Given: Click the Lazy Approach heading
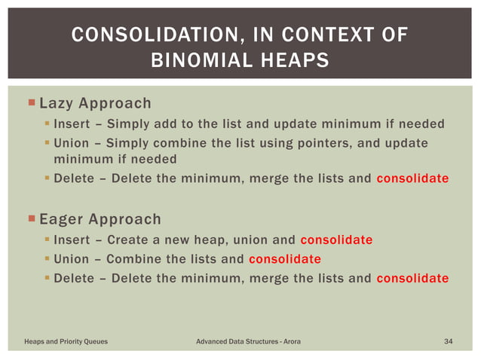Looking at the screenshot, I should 95,102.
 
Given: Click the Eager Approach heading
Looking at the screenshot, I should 100,219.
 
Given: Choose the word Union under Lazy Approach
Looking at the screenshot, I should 71,143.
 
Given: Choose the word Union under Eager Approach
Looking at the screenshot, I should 71,259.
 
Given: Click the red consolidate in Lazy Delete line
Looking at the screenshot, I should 412,178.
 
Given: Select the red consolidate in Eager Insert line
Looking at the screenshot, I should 336,240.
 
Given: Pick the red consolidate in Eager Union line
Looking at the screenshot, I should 284,259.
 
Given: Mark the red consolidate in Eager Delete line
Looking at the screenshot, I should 412,278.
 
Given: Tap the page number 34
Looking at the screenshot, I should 449,342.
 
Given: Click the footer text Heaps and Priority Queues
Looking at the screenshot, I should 66,342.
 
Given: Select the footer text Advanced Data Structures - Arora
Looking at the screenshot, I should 248,342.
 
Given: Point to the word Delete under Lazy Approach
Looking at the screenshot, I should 73,178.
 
